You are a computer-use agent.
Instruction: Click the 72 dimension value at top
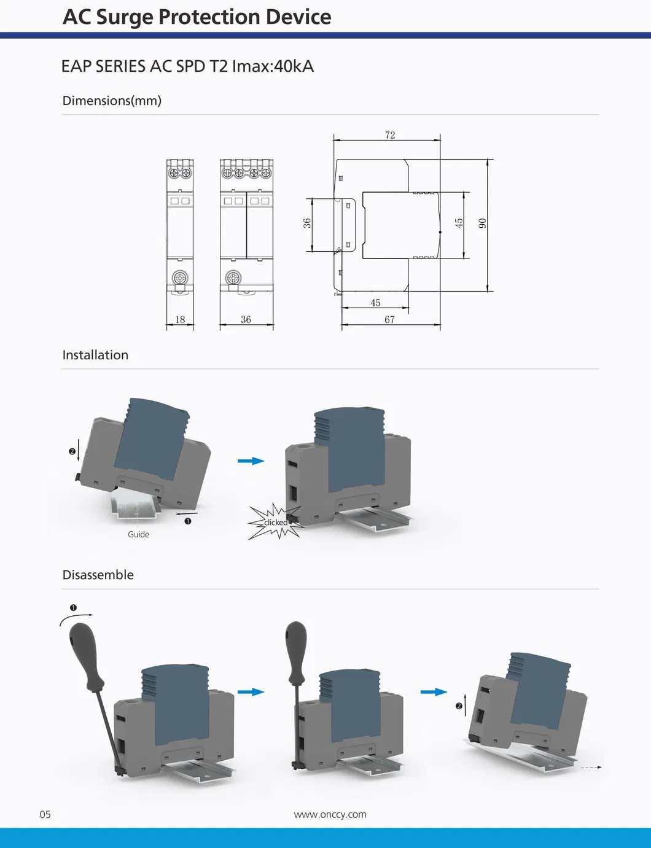pos(390,135)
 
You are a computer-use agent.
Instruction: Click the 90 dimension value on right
pos(483,223)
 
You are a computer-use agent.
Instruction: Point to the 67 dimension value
pos(389,319)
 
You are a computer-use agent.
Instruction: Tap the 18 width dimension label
pos(180,319)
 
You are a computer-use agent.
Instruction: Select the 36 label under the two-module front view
pos(246,319)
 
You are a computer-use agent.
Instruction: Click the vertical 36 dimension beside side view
pos(307,223)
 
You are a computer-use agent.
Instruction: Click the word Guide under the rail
pos(138,534)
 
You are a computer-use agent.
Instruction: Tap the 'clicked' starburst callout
pos(275,523)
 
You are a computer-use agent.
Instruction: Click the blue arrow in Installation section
pos(251,461)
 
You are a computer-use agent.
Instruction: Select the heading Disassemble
pos(98,575)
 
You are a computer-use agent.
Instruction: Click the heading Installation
pos(95,355)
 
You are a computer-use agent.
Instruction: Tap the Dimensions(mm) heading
pos(112,101)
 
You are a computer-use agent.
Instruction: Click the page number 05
pos(45,814)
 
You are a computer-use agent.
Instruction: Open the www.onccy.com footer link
pos(330,814)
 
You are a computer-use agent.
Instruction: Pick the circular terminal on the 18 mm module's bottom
pos(180,277)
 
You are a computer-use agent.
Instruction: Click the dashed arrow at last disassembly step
pos(591,768)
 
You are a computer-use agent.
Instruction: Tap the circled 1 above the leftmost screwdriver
pos(73,608)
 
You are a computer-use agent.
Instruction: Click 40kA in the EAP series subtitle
pos(294,66)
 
